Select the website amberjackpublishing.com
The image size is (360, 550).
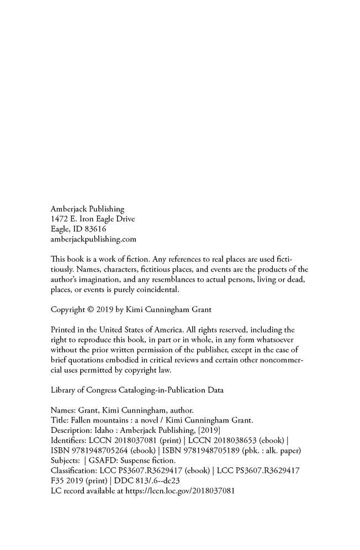93,239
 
